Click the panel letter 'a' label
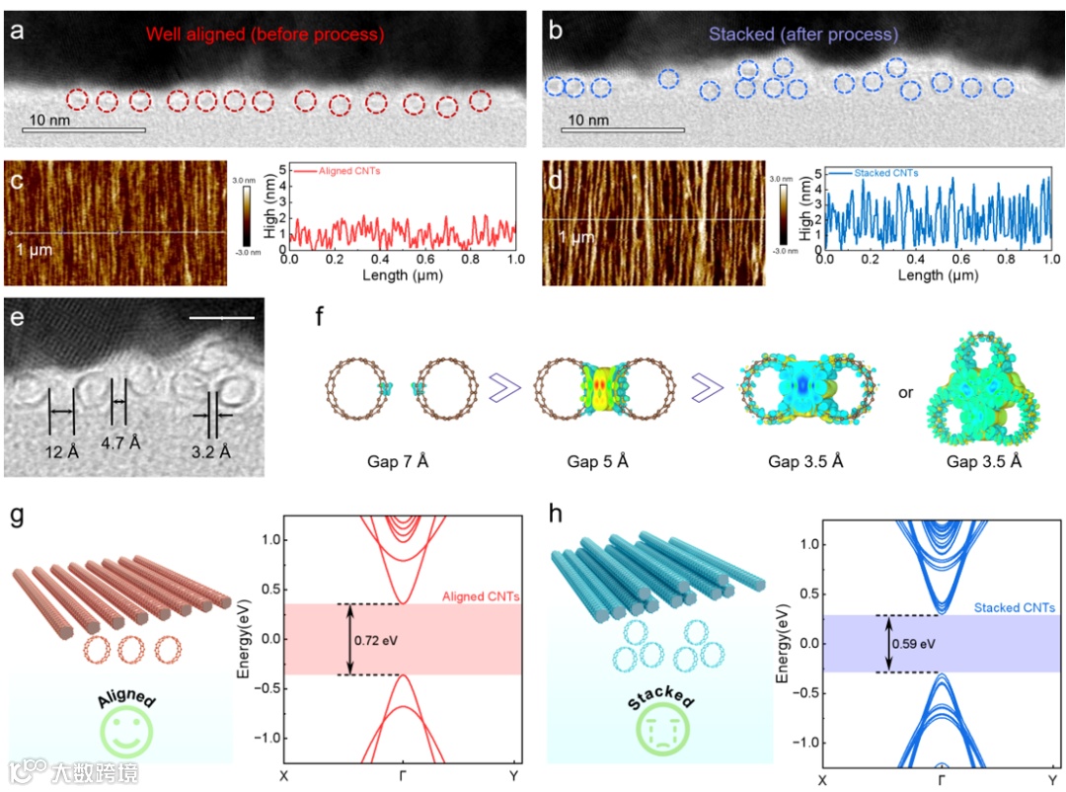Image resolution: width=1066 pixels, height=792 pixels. click(x=17, y=30)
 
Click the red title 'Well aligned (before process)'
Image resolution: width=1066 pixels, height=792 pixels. click(x=265, y=35)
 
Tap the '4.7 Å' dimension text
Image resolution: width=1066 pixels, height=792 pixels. click(x=120, y=442)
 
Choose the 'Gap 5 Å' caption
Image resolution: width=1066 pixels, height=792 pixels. click(x=589, y=459)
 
